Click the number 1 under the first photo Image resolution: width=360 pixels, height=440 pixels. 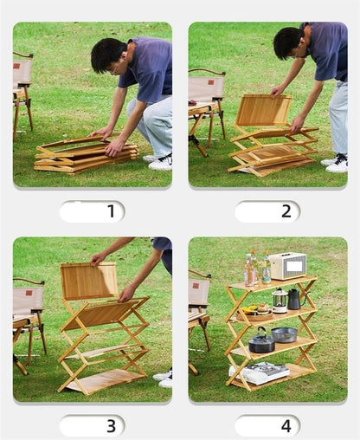pos(112,211)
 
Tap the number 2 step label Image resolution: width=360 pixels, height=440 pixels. pos(286,211)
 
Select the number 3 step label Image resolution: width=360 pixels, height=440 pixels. pos(112,426)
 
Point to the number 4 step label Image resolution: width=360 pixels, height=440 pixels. pos(286,426)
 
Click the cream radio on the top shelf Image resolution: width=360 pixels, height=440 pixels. pos(287,266)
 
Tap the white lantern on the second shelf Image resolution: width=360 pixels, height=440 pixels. pos(280,301)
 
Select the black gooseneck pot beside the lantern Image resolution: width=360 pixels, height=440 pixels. pos(296,299)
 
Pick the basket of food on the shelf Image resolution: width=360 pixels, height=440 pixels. pos(254,313)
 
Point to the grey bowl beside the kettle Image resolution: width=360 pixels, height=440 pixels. pos(285,334)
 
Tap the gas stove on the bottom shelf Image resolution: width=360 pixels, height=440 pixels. pos(259,372)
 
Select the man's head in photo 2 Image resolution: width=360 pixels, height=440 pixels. pos(288,43)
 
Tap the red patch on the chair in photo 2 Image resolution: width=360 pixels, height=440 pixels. pos(211,82)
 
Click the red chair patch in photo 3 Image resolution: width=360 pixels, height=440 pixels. pos(29,293)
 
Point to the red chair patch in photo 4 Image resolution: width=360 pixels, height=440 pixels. pos(196,286)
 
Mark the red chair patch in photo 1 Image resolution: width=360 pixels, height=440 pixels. pos(16,66)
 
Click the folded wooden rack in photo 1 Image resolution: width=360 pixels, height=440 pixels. pos(87,155)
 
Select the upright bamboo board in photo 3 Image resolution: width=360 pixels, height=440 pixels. pos(89,281)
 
